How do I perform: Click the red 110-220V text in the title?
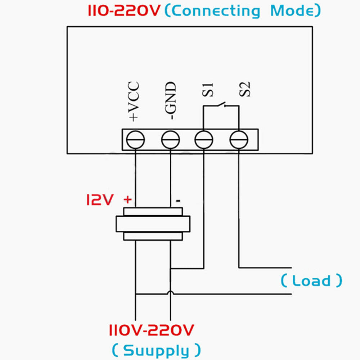[x=123, y=11]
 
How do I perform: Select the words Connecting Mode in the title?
[x=242, y=11]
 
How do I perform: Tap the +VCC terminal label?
[x=133, y=101]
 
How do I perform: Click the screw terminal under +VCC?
[x=136, y=140]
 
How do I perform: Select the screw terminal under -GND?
[x=170, y=140]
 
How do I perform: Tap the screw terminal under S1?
[x=204, y=140]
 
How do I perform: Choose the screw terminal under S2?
[x=239, y=140]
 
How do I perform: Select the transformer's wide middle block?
[x=153, y=224]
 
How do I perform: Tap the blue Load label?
[x=311, y=281]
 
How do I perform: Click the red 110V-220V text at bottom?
[x=152, y=329]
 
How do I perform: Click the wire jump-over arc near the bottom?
[x=171, y=293]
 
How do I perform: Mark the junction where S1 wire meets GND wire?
[x=171, y=268]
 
